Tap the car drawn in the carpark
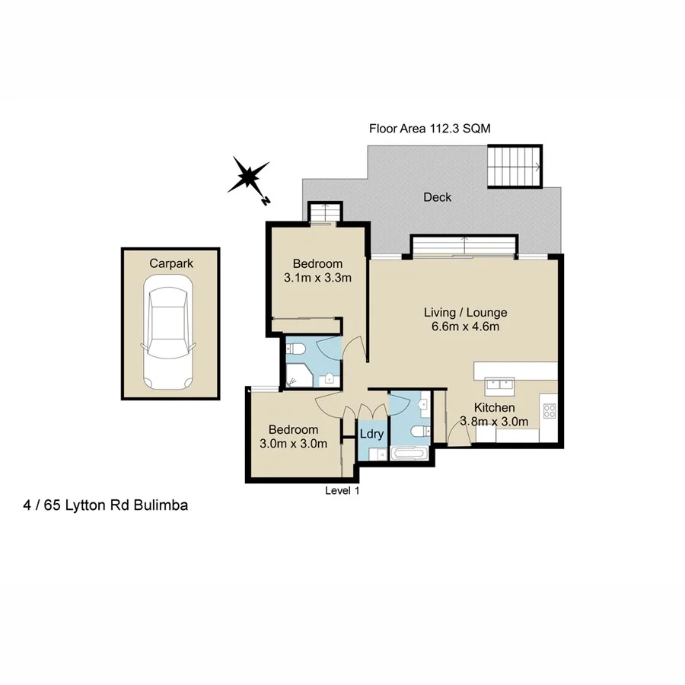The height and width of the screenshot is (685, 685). click(x=169, y=334)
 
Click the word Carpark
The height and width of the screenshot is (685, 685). click(x=170, y=263)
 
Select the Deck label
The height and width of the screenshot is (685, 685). click(x=437, y=197)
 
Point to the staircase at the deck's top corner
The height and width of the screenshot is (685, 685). click(x=514, y=166)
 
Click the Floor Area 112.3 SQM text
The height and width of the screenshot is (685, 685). click(x=429, y=129)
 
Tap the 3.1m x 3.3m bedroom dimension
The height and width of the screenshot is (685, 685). click(x=317, y=278)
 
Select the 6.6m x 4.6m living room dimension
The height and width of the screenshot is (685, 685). click(x=465, y=327)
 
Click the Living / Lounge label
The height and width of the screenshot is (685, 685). click(x=465, y=312)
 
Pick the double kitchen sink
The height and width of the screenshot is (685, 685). click(x=499, y=381)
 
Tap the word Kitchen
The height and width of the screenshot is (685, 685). click(x=495, y=408)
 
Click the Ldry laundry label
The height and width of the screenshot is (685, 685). click(x=371, y=435)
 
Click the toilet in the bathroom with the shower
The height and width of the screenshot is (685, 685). click(x=297, y=349)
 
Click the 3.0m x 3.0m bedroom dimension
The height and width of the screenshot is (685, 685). click(x=294, y=444)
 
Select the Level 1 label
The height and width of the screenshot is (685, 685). click(x=342, y=491)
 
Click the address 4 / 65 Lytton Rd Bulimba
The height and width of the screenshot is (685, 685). click(x=106, y=505)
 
